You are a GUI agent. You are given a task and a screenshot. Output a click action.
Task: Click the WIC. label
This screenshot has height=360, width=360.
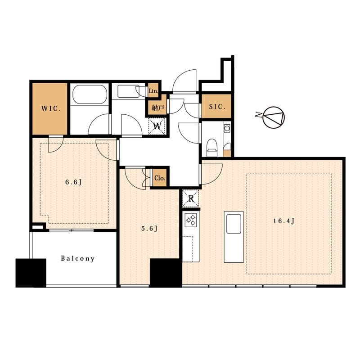click(x=51, y=108)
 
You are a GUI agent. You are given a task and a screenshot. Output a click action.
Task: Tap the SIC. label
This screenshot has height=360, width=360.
click(x=217, y=107)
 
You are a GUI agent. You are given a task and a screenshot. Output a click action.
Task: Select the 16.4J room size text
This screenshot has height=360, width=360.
click(x=283, y=221)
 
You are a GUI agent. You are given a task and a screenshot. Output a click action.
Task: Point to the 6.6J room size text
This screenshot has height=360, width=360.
click(x=73, y=182)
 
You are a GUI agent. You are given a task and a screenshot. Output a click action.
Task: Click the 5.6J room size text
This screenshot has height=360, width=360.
click(x=149, y=229)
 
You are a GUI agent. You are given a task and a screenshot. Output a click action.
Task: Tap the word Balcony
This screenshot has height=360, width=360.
click(x=77, y=259)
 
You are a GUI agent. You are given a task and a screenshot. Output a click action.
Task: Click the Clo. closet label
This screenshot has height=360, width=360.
click(x=160, y=178)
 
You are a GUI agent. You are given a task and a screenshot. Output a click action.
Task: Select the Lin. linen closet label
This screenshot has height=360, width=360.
click(x=153, y=91)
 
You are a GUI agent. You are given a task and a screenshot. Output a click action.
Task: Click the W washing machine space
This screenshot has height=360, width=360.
click(x=157, y=126)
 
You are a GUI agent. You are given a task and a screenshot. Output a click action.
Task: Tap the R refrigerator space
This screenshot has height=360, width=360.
click(x=191, y=198)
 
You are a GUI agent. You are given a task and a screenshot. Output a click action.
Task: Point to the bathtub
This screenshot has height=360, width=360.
click(x=90, y=94)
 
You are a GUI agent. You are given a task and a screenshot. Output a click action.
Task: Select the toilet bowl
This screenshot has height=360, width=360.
click(x=211, y=147)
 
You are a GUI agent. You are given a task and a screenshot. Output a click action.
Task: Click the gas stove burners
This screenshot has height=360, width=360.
click(x=191, y=219)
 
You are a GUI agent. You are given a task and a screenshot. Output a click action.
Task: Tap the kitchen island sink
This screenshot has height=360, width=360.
click(x=234, y=224)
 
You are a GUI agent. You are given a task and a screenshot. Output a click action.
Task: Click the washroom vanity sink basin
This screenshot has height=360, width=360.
click(x=128, y=91)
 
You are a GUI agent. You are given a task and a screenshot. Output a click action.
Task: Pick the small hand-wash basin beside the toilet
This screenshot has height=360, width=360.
click(x=227, y=128)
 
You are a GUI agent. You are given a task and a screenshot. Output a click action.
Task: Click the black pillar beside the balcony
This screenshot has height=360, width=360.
click(x=31, y=273)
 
